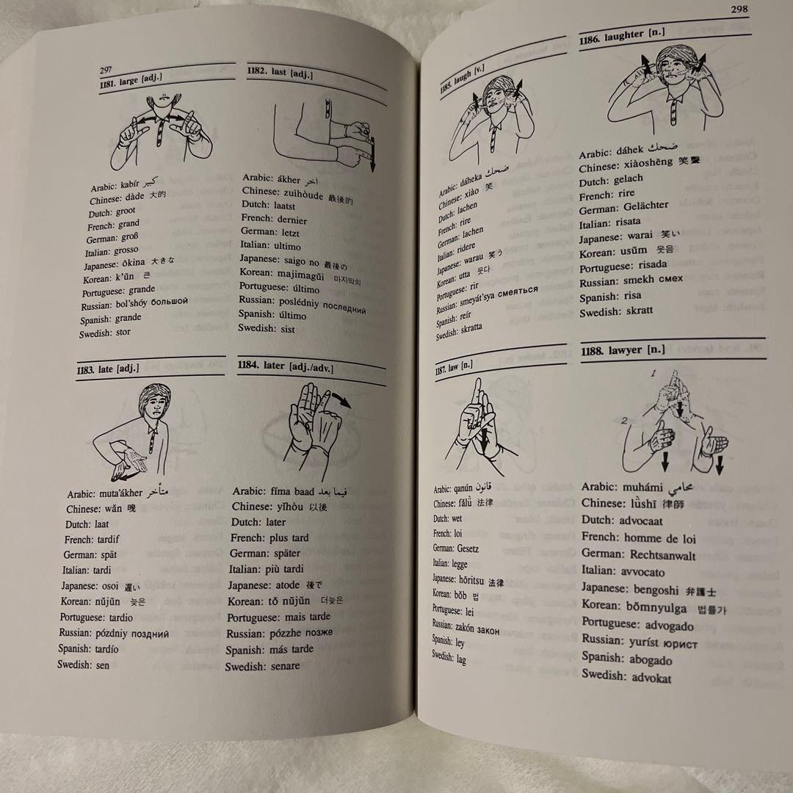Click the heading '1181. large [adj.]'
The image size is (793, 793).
pyautogui.click(x=130, y=82)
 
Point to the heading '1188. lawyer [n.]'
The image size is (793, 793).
pyautogui.click(x=623, y=351)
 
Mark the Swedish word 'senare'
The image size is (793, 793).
pyautogui.click(x=285, y=666)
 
